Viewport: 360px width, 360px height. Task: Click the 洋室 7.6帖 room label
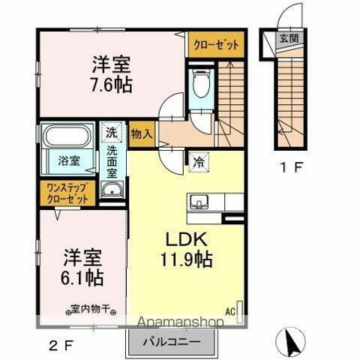112,73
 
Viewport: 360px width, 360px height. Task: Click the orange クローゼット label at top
217,44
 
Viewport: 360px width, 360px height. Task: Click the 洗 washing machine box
110,130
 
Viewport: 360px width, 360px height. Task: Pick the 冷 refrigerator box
199,160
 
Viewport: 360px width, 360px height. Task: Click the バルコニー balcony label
171,342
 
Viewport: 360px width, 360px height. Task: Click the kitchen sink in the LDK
199,201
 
